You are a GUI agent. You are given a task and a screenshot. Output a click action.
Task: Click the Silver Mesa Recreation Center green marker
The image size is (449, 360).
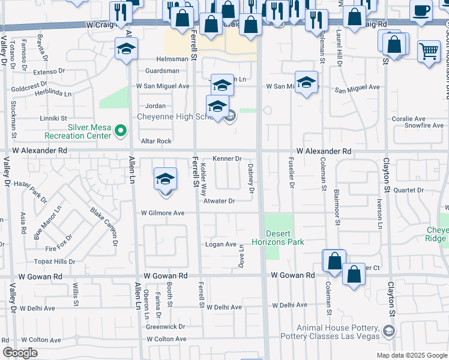point(120,130)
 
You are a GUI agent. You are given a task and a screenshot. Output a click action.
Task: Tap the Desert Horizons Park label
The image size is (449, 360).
point(285,237)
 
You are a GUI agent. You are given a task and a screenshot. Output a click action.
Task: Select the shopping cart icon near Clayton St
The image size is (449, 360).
point(428,52)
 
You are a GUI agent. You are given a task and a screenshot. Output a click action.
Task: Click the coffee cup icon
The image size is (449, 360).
point(421,10)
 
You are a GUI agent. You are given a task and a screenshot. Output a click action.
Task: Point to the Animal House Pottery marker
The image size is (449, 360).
point(388,331)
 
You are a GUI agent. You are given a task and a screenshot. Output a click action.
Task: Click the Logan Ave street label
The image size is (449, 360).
point(221,244)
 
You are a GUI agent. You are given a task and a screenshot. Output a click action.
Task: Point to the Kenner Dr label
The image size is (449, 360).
point(226,159)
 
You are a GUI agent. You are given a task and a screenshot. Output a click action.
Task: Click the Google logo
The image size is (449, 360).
point(20,353)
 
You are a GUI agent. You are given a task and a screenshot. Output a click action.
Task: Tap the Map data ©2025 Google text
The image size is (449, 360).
point(411,355)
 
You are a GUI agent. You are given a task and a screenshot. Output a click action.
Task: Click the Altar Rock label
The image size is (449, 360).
point(155,141)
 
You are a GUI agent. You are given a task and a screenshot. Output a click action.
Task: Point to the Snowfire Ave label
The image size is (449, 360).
point(423,126)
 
